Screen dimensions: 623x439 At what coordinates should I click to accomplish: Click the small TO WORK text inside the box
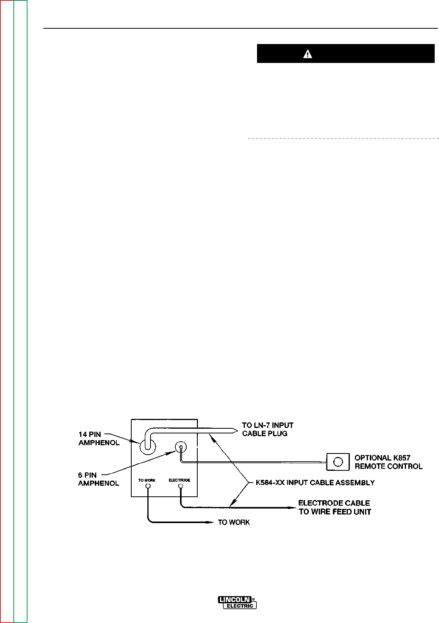pos(147,480)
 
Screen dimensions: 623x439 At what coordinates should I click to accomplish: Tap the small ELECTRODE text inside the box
pos(180,480)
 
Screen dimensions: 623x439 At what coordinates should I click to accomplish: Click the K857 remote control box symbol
pos(338,462)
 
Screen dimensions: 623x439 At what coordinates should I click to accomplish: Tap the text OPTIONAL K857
pos(382,458)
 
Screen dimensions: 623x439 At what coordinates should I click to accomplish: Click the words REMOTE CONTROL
pos(388,466)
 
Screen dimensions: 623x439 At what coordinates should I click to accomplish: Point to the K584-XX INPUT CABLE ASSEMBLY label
pos(315,482)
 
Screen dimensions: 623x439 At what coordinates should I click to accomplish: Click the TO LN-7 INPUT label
pos(267,425)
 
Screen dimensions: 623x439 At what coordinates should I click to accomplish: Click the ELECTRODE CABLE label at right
pos(334,503)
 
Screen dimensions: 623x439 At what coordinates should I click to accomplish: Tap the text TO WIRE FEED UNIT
pos(335,512)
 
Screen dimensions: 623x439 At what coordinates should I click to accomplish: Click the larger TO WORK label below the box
pos(234,522)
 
